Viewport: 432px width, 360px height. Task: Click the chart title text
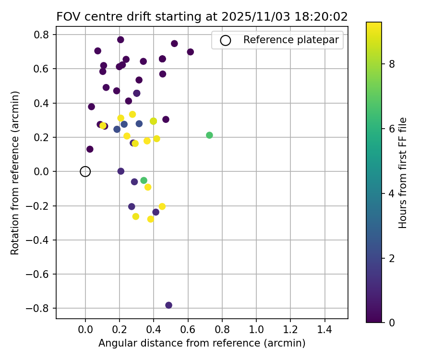(202, 16)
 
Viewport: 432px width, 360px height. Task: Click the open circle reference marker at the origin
(85, 171)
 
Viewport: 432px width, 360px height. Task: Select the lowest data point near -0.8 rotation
(168, 305)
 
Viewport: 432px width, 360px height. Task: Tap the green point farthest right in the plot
(209, 135)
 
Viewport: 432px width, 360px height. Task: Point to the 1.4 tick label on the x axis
(325, 331)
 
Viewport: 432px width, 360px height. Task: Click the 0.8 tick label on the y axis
(42, 35)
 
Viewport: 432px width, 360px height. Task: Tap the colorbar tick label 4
(392, 193)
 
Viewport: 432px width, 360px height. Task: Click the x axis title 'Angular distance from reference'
(202, 344)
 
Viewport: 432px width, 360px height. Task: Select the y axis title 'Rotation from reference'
(15, 173)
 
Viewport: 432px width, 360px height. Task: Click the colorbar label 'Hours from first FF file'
(403, 173)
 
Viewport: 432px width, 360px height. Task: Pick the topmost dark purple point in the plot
(120, 40)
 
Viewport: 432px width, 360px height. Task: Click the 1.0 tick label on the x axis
(256, 331)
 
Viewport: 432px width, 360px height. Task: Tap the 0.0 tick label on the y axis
(42, 171)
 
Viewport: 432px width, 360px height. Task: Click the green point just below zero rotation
(144, 180)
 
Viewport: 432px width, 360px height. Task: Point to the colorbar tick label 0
(392, 322)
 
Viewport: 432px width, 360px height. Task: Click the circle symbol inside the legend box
(225, 40)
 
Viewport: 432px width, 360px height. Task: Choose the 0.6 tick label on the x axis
(188, 331)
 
